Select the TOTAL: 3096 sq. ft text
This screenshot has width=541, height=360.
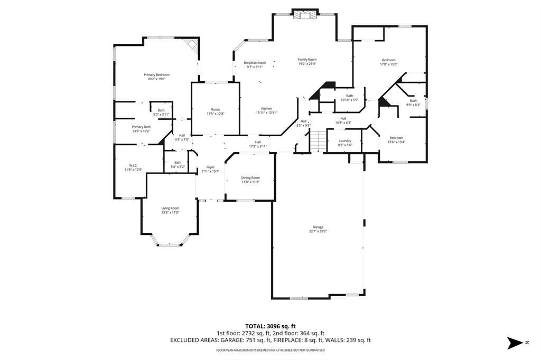tap(270, 326)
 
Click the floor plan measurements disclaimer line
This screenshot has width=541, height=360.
tap(270, 350)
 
